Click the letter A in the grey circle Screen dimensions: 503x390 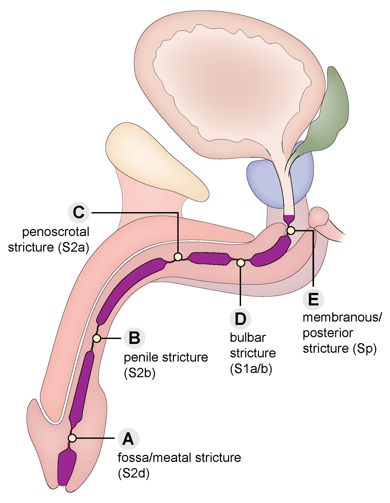tap(128, 439)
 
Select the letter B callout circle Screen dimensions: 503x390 tap(134, 338)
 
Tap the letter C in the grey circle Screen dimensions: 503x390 tap(79, 213)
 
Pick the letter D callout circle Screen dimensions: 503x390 tap(240, 319)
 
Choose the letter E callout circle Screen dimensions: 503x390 tap(313, 299)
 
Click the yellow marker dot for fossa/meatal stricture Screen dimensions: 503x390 tap(72, 438)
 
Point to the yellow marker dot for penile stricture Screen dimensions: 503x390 tap(97, 338)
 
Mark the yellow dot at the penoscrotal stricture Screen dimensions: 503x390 tap(178, 257)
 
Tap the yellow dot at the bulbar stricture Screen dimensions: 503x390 tap(241, 263)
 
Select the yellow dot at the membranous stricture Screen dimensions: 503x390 tap(291, 230)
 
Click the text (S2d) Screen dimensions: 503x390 tap(134, 474)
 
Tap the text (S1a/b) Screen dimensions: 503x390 tap(251, 369)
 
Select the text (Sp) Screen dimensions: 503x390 tap(365, 349)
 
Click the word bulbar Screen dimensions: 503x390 tap(248, 338)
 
